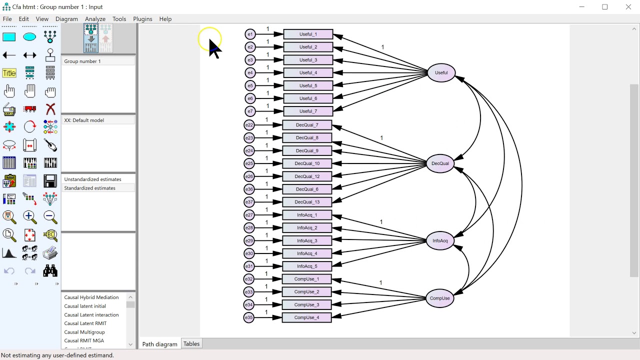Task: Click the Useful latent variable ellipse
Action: coord(441,72)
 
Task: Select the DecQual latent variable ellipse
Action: coord(440,163)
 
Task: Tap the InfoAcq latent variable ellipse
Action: coord(440,240)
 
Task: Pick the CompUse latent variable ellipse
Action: coord(439,298)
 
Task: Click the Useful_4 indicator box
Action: coord(308,72)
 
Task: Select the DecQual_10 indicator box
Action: coord(307,163)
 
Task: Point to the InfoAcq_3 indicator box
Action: coord(307,240)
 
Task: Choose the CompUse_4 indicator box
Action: coord(307,317)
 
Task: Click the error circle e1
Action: coord(250,34)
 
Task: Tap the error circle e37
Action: coord(249,202)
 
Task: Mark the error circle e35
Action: coord(249,317)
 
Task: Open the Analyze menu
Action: coord(95,19)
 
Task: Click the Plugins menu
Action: coord(142,19)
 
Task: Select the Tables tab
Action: coord(191,343)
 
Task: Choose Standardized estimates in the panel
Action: coord(89,188)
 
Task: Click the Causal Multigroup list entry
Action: coord(84,332)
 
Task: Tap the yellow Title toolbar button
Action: coord(9,73)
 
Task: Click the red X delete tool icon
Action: coord(50,109)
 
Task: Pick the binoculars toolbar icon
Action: coord(50,270)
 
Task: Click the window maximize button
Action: coord(605,7)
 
